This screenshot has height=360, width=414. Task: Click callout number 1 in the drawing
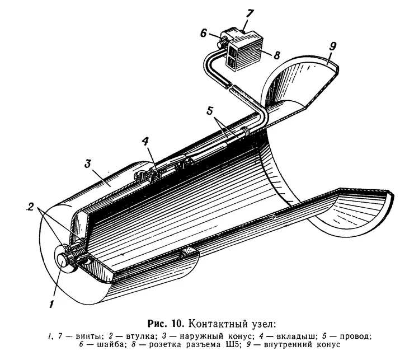point(51,304)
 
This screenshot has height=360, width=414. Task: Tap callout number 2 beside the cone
point(31,207)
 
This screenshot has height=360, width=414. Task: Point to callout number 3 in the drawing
point(88,163)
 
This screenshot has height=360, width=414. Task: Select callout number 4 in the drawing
point(145,142)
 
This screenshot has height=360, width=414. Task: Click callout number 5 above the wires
point(210,111)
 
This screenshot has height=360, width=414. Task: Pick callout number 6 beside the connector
point(203,34)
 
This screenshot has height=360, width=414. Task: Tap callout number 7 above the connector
point(250,14)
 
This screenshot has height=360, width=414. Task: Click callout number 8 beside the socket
point(276,55)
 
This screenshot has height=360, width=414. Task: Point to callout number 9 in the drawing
point(333,46)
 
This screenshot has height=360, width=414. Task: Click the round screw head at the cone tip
point(63,260)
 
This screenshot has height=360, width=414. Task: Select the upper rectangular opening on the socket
point(232,50)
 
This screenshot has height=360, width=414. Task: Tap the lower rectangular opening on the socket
point(232,63)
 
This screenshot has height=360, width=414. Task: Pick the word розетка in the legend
point(166,345)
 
